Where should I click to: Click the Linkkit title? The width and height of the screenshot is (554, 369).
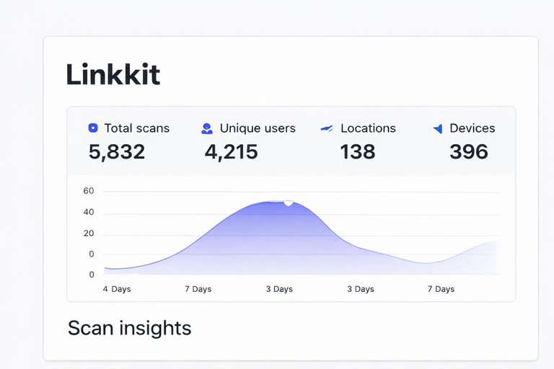(113, 75)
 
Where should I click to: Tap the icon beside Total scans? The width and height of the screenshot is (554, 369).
(92, 128)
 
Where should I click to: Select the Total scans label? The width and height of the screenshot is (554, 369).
(136, 128)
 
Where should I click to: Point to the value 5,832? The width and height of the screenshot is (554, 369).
(117, 151)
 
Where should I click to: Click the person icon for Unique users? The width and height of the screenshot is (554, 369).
(207, 128)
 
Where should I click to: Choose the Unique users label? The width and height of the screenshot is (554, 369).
(258, 128)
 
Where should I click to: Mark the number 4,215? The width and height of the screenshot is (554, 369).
(231, 151)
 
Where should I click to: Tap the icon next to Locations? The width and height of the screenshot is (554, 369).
(327, 128)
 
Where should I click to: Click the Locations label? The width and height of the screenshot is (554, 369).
(368, 128)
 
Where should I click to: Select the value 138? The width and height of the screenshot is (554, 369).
(358, 151)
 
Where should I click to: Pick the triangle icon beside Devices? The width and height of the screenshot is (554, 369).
(437, 128)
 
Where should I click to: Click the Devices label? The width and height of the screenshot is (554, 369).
(472, 128)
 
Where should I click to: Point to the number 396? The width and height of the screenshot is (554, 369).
(469, 151)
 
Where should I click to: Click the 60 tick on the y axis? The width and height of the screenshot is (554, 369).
(89, 191)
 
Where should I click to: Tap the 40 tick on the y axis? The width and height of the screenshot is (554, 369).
(89, 212)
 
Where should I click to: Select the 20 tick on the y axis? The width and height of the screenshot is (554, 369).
(89, 233)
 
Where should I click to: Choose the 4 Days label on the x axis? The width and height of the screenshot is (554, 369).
(117, 289)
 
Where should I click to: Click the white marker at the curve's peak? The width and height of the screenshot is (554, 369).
(289, 203)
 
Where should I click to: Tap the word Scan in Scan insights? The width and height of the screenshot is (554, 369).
(90, 329)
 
